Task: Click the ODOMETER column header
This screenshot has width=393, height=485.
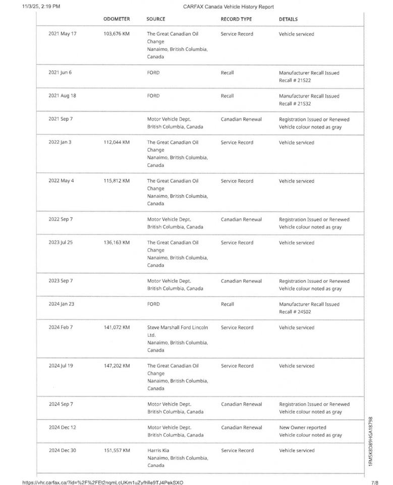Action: [x=117, y=19]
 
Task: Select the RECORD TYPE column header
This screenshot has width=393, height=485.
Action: [x=236, y=19]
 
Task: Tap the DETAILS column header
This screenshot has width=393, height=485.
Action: [x=288, y=19]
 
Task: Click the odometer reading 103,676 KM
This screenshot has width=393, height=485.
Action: [x=117, y=34]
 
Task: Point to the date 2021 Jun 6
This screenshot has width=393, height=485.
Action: [x=60, y=73]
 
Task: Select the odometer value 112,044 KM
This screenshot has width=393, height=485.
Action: [x=117, y=142]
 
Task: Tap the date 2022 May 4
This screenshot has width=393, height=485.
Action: [x=61, y=181]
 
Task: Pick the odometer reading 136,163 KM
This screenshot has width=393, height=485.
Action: [x=117, y=243]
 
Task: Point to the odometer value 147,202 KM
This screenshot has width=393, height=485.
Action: [x=117, y=366]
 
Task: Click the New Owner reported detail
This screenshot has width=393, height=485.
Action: [x=303, y=427]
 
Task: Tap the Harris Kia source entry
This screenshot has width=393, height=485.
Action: [x=158, y=451]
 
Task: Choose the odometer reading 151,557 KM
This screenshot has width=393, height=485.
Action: [x=117, y=451]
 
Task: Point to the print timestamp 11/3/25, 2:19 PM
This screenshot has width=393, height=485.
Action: [x=41, y=7]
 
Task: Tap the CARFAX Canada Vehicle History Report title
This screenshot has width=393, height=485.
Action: [x=229, y=7]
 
